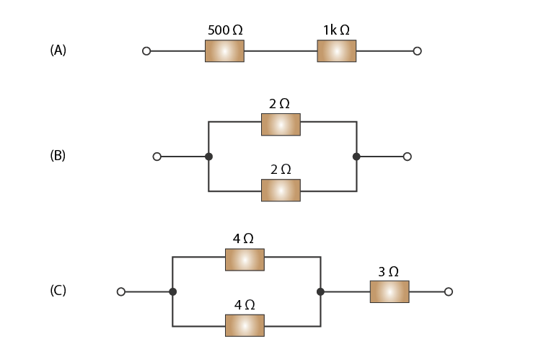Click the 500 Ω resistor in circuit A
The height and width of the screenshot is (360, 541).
click(224, 51)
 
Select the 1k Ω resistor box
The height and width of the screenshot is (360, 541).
click(337, 51)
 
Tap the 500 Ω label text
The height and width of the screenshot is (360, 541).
click(225, 30)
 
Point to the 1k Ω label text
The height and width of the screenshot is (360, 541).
click(336, 30)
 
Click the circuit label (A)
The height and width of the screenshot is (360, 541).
click(58, 50)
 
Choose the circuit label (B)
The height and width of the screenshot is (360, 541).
click(58, 155)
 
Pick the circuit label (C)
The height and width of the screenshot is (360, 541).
click(58, 290)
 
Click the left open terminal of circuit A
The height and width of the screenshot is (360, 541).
click(146, 51)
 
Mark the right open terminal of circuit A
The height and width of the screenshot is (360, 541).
click(417, 51)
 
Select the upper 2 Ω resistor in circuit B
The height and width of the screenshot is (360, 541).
click(281, 125)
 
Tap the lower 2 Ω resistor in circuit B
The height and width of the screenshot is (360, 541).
click(281, 190)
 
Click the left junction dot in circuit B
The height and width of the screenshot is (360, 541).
click(208, 157)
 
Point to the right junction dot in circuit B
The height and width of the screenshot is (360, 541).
click(356, 157)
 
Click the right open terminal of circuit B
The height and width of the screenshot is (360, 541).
click(407, 157)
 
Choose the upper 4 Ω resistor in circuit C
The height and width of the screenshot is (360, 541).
click(245, 260)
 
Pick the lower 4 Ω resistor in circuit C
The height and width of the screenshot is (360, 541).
click(245, 325)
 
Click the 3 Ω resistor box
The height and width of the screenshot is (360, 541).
click(390, 291)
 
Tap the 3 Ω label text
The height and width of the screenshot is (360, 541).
click(389, 272)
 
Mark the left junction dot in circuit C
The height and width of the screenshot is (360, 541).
click(173, 291)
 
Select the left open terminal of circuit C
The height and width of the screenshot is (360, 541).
click(120, 291)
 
